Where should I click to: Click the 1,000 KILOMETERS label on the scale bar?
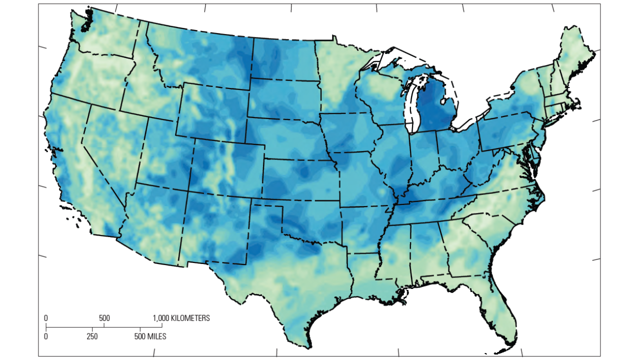[x=181, y=318]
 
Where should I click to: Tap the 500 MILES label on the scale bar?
[x=150, y=336]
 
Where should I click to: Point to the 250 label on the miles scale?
[x=92, y=336]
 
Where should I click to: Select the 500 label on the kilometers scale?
[x=104, y=318]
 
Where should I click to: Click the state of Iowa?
[x=350, y=132]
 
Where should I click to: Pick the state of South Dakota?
[x=282, y=97]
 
